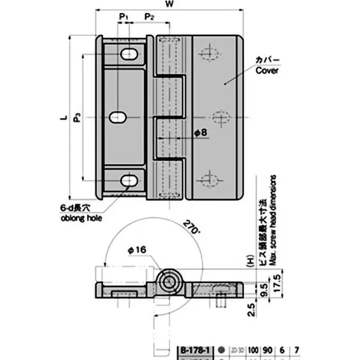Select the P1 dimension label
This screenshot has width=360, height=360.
tap(124, 17)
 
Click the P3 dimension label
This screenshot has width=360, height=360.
tap(77, 118)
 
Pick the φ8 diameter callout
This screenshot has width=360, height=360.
tap(201, 133)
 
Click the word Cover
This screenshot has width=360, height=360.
tap(267, 71)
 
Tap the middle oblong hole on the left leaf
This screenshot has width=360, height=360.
tap(117, 117)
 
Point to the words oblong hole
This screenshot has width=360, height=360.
tap(81, 219)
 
